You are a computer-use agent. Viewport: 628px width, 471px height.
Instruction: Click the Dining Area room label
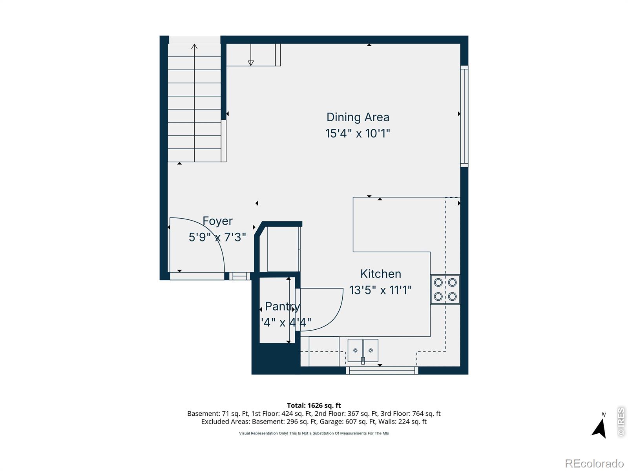[358, 117]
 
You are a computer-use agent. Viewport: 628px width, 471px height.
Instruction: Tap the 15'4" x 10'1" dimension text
[358, 133]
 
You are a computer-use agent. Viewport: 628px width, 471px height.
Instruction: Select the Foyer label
[217, 221]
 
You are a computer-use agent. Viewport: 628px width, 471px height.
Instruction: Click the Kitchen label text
[380, 274]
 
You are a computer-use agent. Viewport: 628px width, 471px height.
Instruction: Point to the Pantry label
[282, 306]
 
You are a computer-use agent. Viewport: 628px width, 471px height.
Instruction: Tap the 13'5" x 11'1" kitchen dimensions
[380, 290]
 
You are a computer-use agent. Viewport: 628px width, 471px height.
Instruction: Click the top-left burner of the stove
[438, 282]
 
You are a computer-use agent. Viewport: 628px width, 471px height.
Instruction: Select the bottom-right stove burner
[452, 296]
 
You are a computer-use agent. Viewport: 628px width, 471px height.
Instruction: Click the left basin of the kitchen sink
[355, 350]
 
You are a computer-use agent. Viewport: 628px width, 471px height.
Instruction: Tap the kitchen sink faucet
[363, 360]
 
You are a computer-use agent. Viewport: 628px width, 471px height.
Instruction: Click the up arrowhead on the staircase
[194, 47]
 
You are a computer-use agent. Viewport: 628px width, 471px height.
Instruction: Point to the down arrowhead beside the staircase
[251, 63]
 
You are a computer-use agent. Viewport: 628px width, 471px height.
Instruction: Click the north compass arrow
[599, 429]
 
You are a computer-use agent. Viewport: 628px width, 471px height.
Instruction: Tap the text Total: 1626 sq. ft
[314, 405]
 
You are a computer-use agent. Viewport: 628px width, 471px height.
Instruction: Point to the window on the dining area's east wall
[464, 116]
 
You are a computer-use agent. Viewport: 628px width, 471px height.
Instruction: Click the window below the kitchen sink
[382, 370]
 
